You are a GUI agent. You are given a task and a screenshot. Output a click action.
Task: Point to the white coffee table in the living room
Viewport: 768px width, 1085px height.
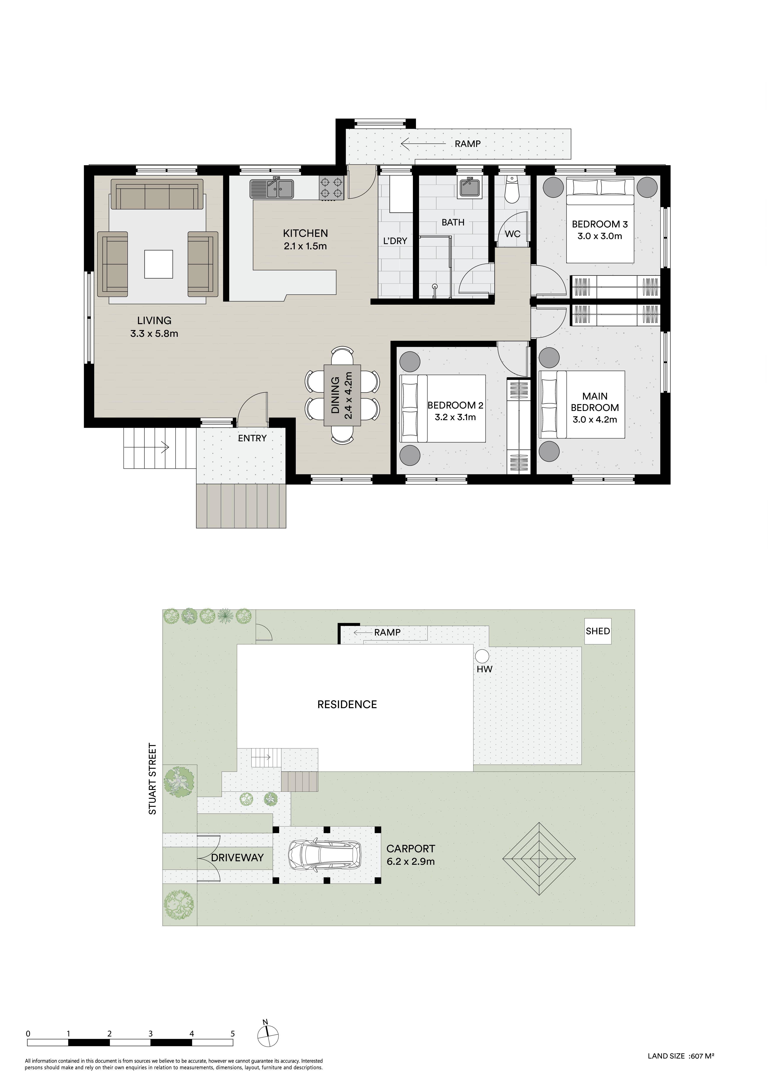coord(159,264)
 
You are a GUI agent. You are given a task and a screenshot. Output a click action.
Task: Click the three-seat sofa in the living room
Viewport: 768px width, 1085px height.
coord(157,194)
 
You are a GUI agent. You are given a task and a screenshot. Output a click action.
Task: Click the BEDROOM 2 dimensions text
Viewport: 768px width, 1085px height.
coord(455,417)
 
